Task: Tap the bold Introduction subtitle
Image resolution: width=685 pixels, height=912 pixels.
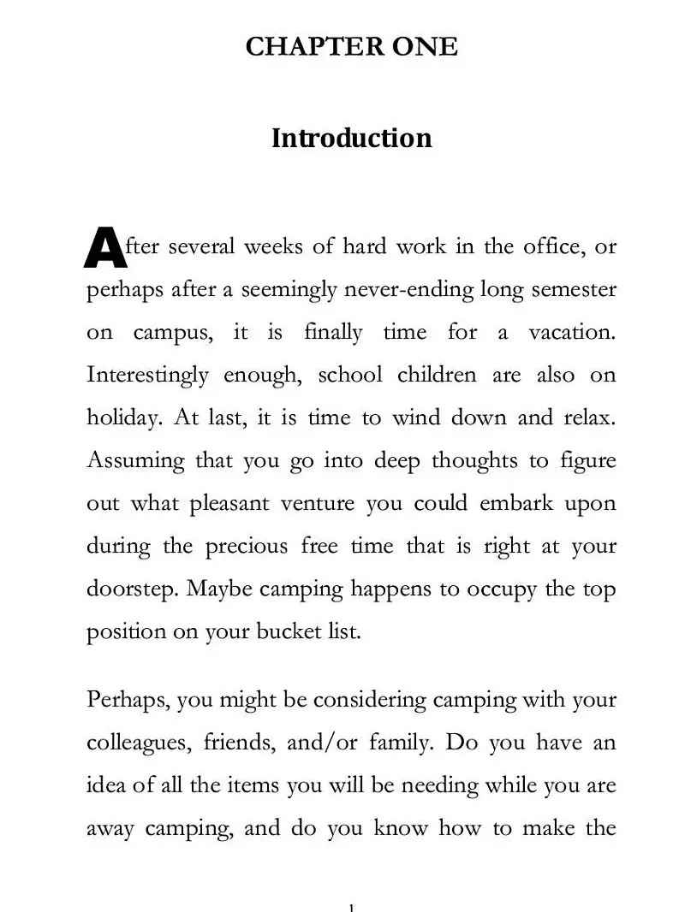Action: [x=351, y=138]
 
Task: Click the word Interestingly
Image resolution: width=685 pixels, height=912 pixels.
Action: [x=147, y=376]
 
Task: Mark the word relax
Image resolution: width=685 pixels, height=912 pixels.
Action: [x=589, y=418]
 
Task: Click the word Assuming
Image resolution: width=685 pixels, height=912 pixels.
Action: [x=135, y=461]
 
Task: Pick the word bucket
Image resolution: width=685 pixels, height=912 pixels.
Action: [x=283, y=632]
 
